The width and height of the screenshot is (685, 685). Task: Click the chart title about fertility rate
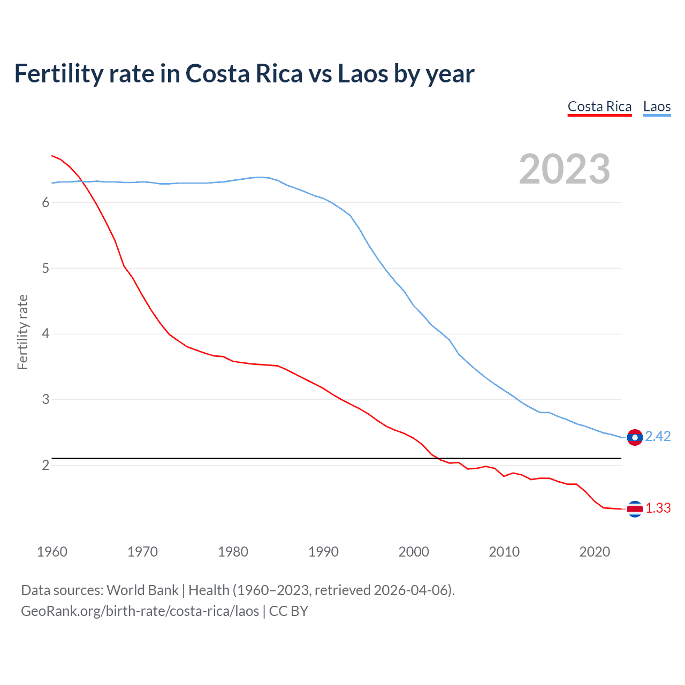244,74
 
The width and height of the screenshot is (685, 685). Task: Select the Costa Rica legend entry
599,106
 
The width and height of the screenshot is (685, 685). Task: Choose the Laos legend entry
657,106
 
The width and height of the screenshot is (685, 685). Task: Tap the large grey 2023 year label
565,169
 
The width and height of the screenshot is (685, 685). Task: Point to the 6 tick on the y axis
45,202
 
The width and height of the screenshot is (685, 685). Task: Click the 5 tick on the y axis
45,268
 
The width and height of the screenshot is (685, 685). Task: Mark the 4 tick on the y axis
45,334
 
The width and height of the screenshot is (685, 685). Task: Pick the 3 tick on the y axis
45,399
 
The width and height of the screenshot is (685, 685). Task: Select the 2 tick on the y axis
45,465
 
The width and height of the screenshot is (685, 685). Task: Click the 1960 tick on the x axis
52,552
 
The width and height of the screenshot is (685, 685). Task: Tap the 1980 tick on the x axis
233,552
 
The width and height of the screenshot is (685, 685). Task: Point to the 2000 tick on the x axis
414,552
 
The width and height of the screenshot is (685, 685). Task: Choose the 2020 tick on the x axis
595,552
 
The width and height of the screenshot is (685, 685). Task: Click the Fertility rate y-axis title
22,332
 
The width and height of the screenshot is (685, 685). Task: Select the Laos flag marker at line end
635,437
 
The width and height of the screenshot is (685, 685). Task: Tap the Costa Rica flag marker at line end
635,509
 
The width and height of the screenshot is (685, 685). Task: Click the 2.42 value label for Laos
658,437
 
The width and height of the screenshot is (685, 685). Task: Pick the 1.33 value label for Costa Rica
658,508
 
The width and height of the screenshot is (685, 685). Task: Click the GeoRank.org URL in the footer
140,611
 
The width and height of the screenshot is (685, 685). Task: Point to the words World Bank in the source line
142,590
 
